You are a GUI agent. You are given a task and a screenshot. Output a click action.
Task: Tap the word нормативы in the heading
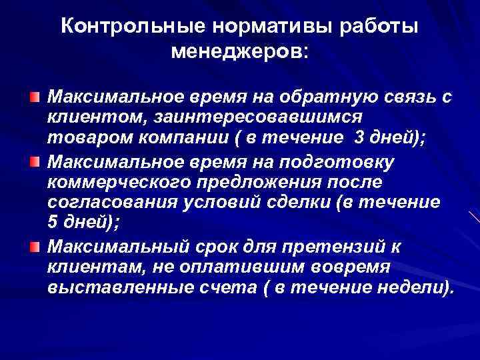(x=254, y=27)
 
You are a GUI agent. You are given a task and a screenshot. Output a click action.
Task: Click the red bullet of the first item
(x=34, y=97)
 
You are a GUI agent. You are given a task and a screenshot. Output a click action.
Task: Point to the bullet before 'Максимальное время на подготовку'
(x=34, y=162)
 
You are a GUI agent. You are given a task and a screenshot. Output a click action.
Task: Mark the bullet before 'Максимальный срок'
(x=34, y=248)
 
